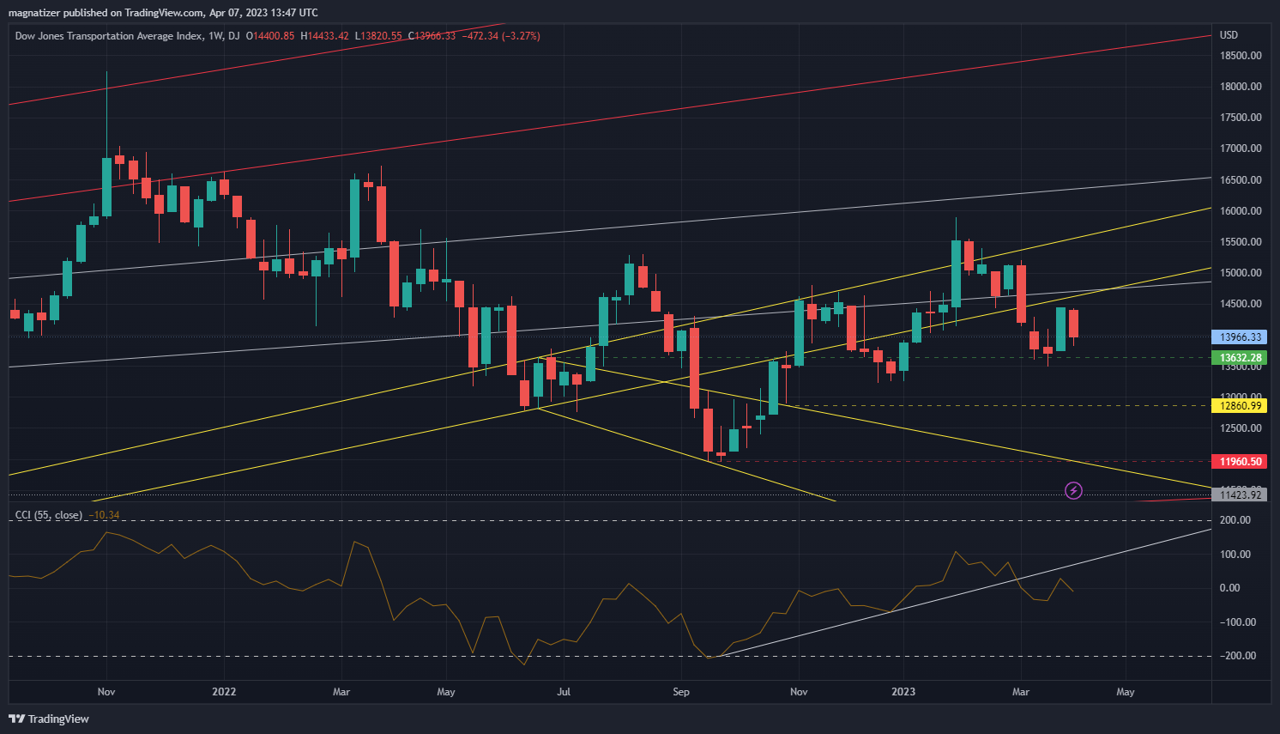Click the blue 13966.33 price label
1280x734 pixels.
1241,337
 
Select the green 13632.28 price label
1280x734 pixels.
1241,358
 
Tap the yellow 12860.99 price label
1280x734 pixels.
1241,406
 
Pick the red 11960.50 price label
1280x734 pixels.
1241,462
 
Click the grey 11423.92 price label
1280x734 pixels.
1241,495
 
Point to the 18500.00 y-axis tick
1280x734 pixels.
1241,56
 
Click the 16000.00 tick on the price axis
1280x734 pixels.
1241,211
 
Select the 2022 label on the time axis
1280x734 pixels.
224,692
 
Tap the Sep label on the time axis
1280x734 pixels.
681,692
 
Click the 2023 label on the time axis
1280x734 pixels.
903,692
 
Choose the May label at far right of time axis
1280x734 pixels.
1126,692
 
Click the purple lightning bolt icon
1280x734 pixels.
1073,491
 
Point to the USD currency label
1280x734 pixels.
1229,35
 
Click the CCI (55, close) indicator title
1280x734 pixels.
49,515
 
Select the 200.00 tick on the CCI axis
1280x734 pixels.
1235,520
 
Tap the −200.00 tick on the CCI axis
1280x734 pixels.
1235,656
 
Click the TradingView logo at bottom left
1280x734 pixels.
49,719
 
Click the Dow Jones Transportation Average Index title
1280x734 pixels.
109,36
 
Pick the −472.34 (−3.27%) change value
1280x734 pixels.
502,36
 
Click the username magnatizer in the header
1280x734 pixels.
35,13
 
